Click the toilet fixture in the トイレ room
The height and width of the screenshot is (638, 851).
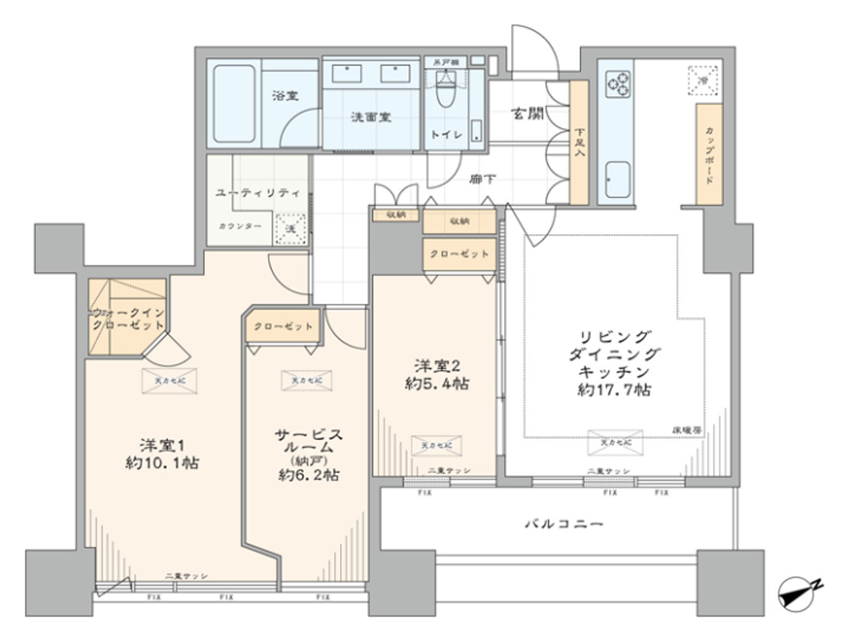pos(447,91)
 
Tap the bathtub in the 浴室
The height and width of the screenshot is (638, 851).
pos(234,103)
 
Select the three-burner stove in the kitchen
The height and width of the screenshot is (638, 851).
pos(618,84)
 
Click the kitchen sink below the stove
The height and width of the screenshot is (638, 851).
pos(618,179)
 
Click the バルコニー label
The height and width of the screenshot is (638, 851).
pos(563,524)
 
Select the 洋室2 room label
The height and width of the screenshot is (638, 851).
pos(437,366)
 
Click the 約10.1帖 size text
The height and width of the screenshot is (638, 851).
pos(162,463)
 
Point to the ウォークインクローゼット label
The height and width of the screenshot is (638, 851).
pos(128,319)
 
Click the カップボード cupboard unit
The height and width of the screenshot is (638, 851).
pos(709,154)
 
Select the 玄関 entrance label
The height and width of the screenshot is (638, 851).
pos(527,113)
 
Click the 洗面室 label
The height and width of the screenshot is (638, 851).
pos(371,117)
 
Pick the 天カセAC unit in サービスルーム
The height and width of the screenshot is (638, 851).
pos(307,380)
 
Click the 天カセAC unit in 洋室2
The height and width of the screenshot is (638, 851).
pos(436,446)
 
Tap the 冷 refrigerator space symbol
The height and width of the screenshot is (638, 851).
pos(703,81)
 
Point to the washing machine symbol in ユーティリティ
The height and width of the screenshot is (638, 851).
pos(290,228)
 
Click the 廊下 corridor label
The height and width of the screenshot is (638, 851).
pos(483,179)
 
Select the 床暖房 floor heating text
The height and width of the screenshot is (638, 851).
pos(686,430)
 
